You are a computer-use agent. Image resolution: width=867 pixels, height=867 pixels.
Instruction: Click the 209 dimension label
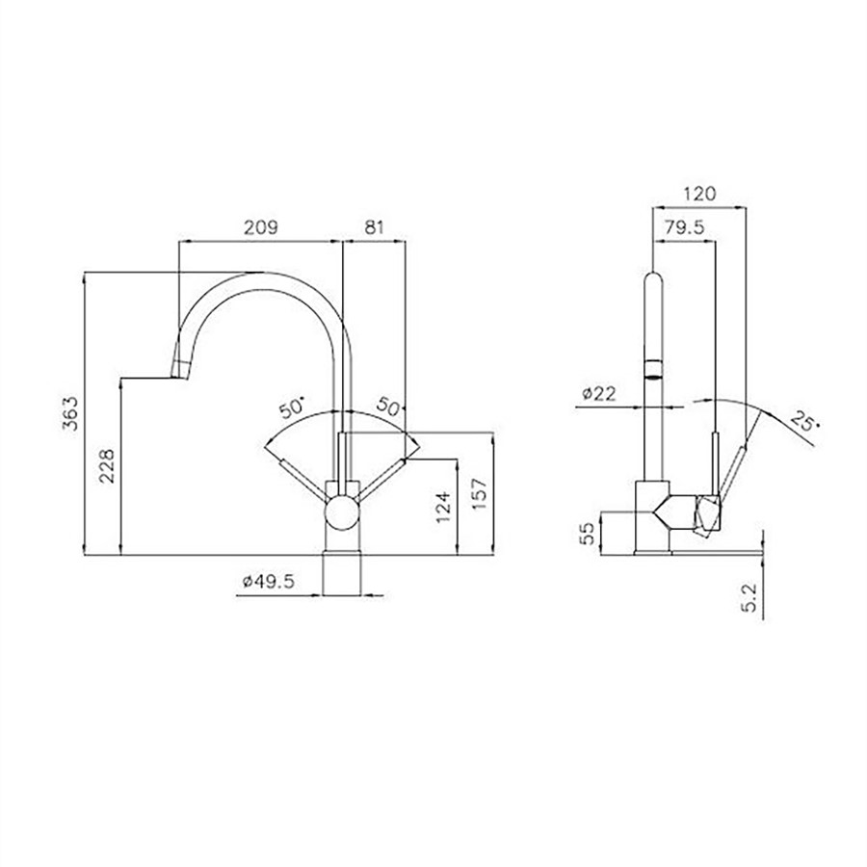pyautogui.click(x=261, y=226)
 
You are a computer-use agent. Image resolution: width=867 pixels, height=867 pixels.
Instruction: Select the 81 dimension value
pyautogui.click(x=374, y=226)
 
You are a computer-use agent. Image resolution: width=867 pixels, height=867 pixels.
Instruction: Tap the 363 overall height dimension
pyautogui.click(x=70, y=413)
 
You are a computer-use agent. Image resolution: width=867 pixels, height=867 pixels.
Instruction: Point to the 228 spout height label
pyautogui.click(x=106, y=465)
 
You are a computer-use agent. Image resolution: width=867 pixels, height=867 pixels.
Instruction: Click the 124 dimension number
pyautogui.click(x=443, y=507)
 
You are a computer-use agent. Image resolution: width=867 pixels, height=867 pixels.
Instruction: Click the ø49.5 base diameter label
pyautogui.click(x=269, y=581)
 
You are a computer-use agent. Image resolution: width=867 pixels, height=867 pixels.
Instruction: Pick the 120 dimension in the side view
pyautogui.click(x=699, y=194)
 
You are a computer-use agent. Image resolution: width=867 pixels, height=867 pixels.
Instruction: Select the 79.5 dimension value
pyautogui.click(x=685, y=226)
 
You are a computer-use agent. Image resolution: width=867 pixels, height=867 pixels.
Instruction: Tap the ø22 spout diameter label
pyautogui.click(x=599, y=394)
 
